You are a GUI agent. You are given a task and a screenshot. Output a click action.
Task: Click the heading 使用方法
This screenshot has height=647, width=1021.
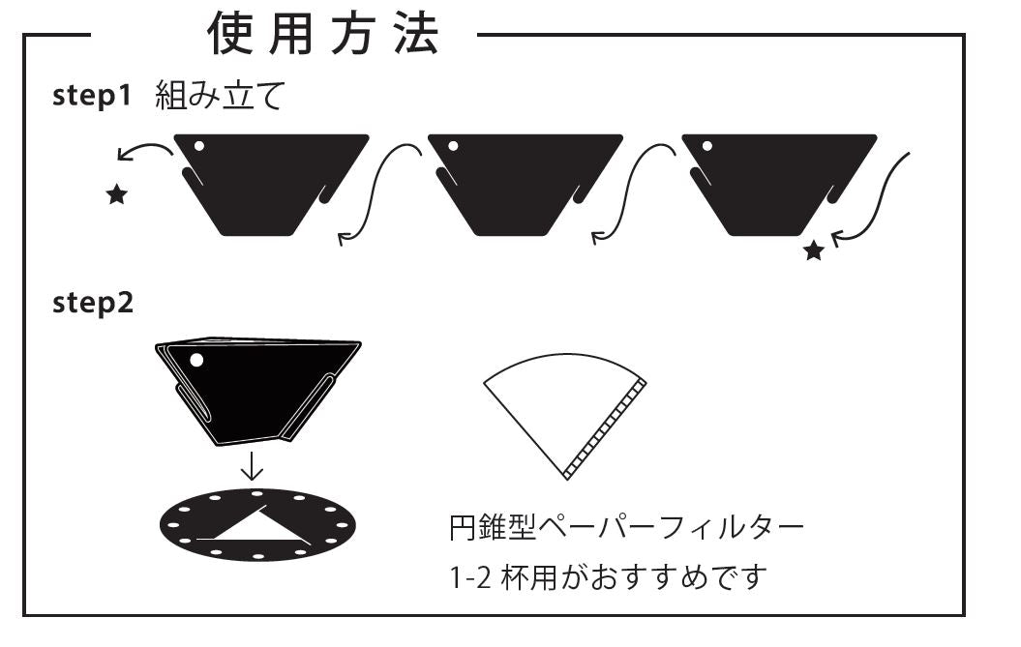[x=323, y=34]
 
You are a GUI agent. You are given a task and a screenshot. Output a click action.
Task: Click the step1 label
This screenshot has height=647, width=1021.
[x=92, y=96]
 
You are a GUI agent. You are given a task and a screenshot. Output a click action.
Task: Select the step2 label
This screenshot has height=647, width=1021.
[x=93, y=304]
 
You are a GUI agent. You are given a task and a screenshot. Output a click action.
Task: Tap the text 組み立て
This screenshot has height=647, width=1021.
[x=220, y=96]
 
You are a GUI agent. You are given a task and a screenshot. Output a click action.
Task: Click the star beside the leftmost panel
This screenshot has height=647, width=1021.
[x=116, y=194]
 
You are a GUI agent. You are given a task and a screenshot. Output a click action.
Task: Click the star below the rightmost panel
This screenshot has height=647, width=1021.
[x=813, y=250]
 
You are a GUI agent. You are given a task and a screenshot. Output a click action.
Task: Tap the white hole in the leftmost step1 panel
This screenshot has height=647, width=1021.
[x=199, y=146]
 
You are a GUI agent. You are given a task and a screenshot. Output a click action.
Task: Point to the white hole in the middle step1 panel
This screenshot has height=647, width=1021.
[x=453, y=146]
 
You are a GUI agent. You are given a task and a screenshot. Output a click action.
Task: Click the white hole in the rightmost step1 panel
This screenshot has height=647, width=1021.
[x=707, y=146]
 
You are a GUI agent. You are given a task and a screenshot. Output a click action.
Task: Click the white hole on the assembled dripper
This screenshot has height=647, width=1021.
[x=196, y=360]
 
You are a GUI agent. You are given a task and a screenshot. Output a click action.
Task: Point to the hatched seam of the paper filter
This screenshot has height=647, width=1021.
[x=606, y=429]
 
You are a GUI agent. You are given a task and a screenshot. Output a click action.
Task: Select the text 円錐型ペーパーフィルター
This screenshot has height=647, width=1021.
[x=626, y=527]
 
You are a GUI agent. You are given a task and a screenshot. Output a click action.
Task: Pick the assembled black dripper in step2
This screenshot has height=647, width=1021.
[x=257, y=392]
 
